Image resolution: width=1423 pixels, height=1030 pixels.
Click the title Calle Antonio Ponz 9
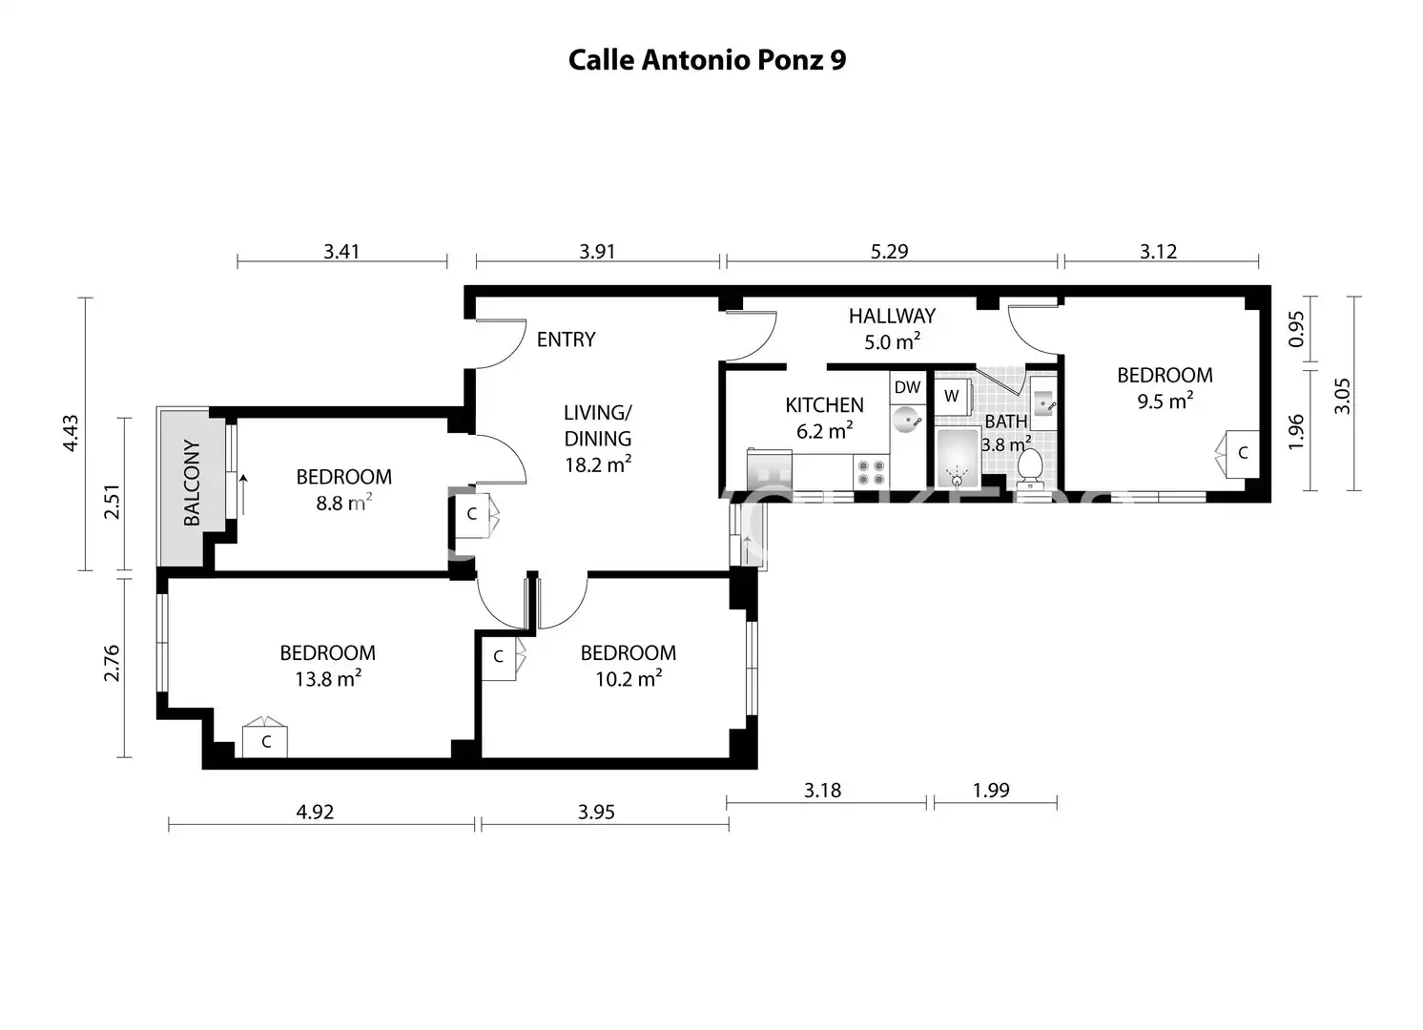(707, 60)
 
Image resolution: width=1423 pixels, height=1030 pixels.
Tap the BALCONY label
(191, 483)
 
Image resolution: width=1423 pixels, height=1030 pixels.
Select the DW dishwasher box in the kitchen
(907, 387)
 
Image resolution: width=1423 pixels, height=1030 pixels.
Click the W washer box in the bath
(952, 397)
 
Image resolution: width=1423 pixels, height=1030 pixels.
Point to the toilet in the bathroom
(1030, 468)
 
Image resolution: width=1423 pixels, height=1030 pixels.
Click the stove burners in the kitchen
(871, 472)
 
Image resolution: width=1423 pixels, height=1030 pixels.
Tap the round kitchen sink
(906, 420)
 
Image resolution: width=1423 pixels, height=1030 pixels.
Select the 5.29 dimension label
(889, 252)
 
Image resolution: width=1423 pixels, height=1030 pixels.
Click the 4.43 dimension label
(71, 433)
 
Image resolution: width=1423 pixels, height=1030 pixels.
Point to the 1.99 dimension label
(991, 791)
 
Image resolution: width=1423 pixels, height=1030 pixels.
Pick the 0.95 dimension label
(1296, 329)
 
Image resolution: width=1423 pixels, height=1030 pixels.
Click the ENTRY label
(566, 340)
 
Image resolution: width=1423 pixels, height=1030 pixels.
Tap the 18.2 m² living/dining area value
(598, 464)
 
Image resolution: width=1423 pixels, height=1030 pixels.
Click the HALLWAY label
(892, 316)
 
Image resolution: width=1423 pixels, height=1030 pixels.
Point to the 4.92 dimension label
(315, 812)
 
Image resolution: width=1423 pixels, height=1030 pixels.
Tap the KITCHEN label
(825, 405)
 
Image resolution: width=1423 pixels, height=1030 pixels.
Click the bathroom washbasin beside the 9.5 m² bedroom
(1043, 402)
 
